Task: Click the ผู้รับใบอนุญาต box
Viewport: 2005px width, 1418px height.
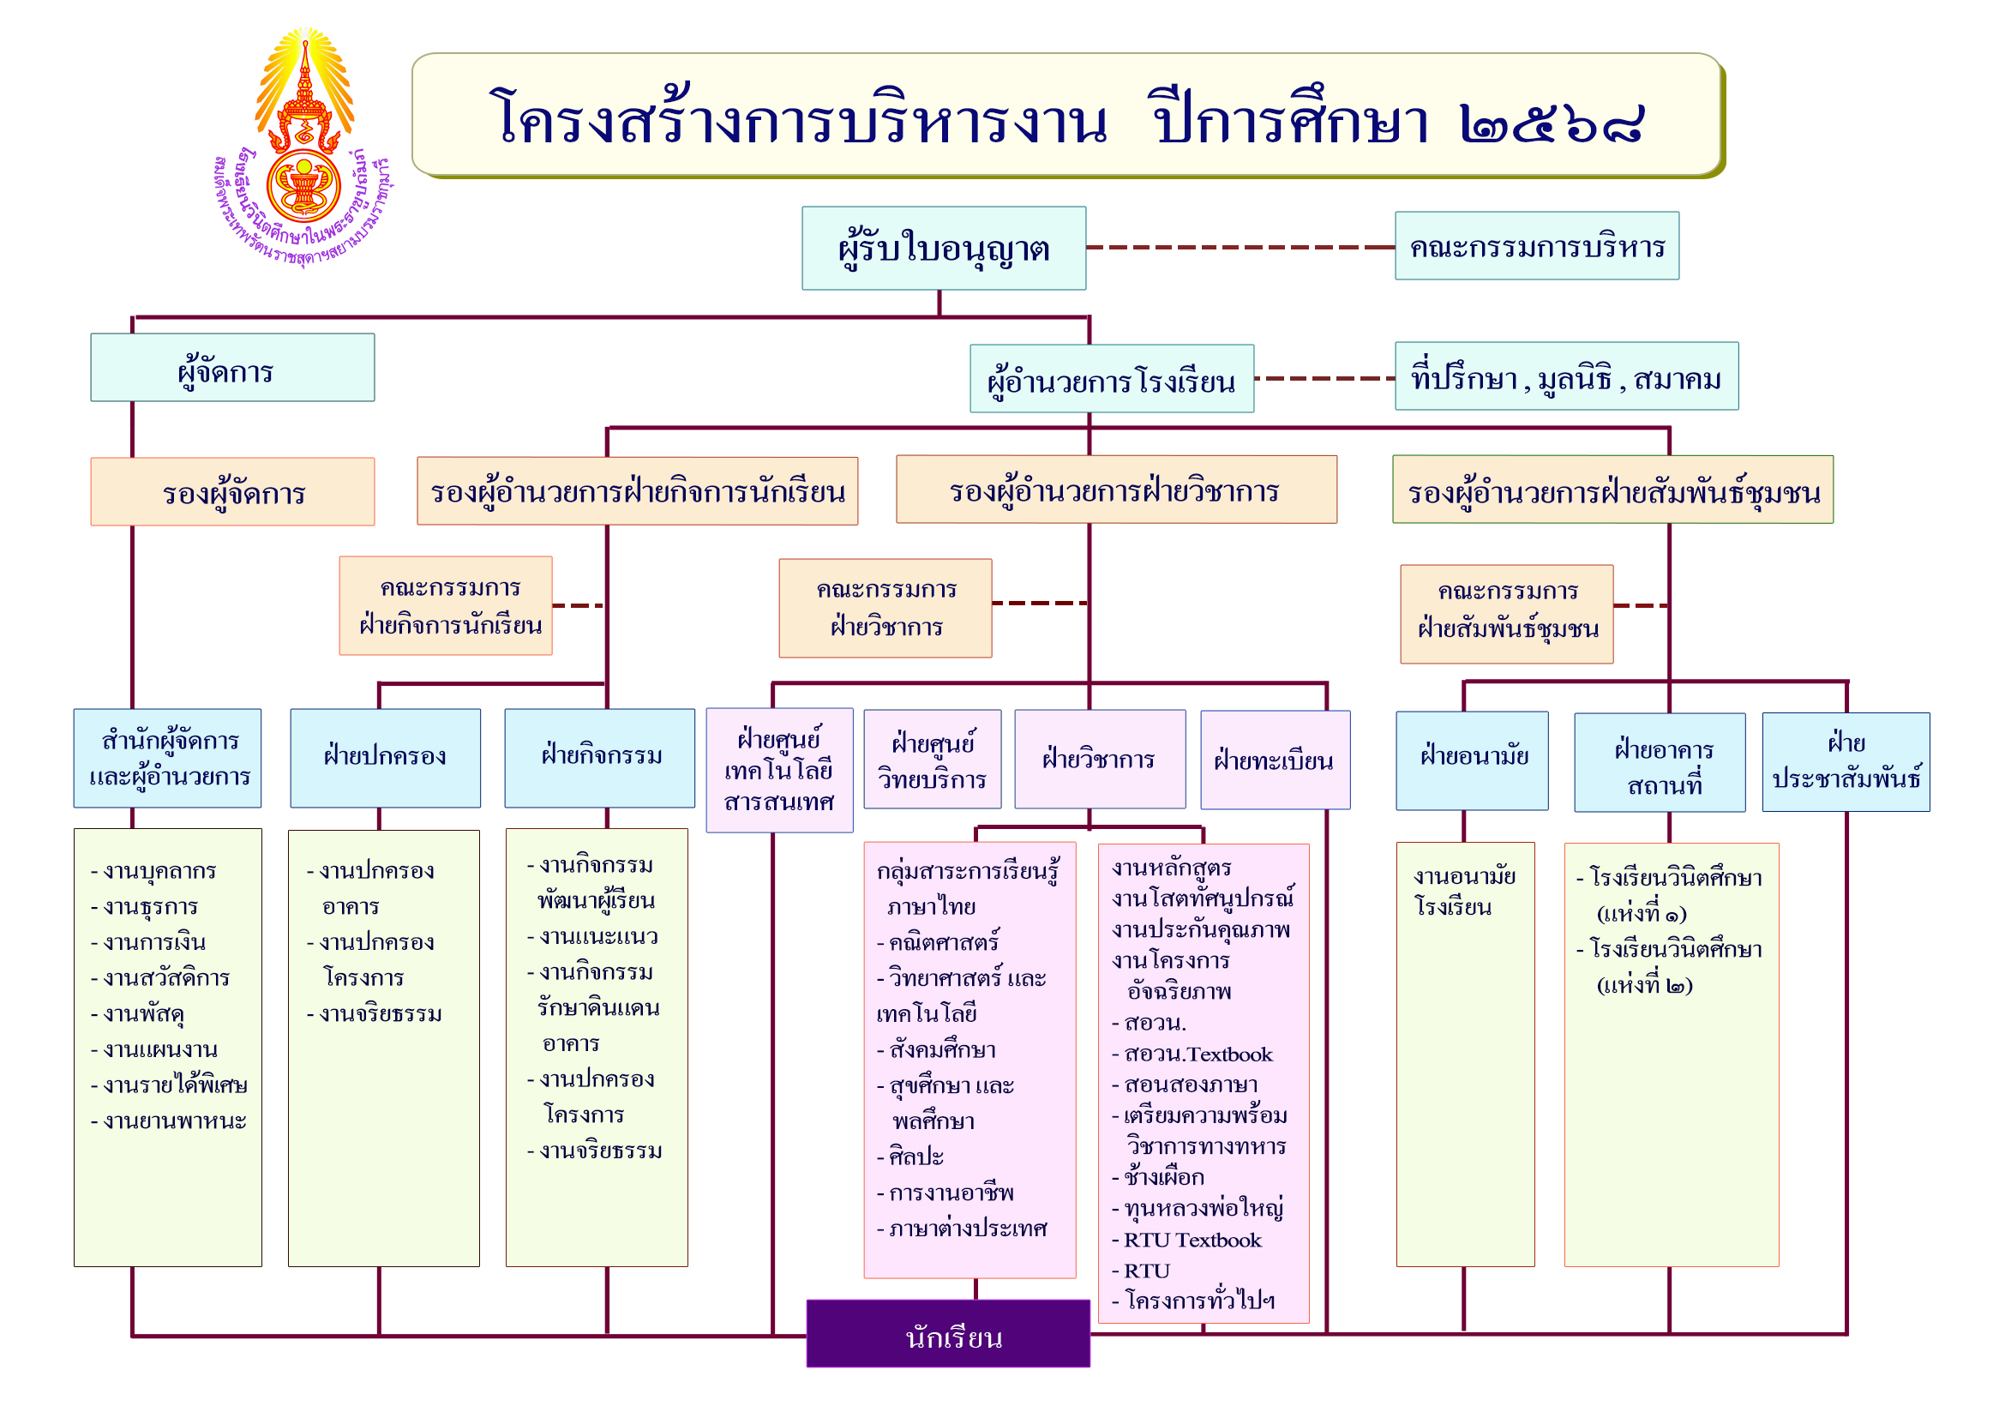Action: (x=944, y=248)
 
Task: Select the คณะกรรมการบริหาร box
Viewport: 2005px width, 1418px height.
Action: (x=1537, y=246)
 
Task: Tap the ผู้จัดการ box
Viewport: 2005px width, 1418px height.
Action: (x=232, y=368)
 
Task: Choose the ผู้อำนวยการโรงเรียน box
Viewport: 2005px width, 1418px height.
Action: (x=1112, y=379)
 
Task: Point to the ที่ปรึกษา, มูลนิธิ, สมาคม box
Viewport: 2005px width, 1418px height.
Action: (x=1567, y=376)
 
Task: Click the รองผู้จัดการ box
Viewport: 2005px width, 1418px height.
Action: (x=232, y=492)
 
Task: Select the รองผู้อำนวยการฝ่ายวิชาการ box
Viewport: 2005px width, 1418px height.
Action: (x=1116, y=490)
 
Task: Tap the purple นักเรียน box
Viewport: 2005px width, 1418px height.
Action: (x=948, y=1333)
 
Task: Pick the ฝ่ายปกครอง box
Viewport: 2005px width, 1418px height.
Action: (x=385, y=758)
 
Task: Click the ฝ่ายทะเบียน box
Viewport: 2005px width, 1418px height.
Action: (x=1275, y=760)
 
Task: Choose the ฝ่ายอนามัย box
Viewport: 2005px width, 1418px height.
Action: (x=1473, y=760)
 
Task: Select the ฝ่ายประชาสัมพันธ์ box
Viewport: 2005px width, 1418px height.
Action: (x=1846, y=762)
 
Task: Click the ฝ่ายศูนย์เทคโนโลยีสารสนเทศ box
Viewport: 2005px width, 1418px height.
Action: (x=780, y=770)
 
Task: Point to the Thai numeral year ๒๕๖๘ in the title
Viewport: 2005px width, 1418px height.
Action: (x=1552, y=123)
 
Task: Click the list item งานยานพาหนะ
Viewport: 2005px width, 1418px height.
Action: (x=170, y=1121)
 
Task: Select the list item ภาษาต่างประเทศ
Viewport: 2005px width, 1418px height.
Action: (x=962, y=1229)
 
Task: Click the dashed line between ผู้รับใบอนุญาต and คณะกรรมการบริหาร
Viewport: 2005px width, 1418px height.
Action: (x=1241, y=248)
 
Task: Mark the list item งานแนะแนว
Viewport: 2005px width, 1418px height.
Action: (x=593, y=937)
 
